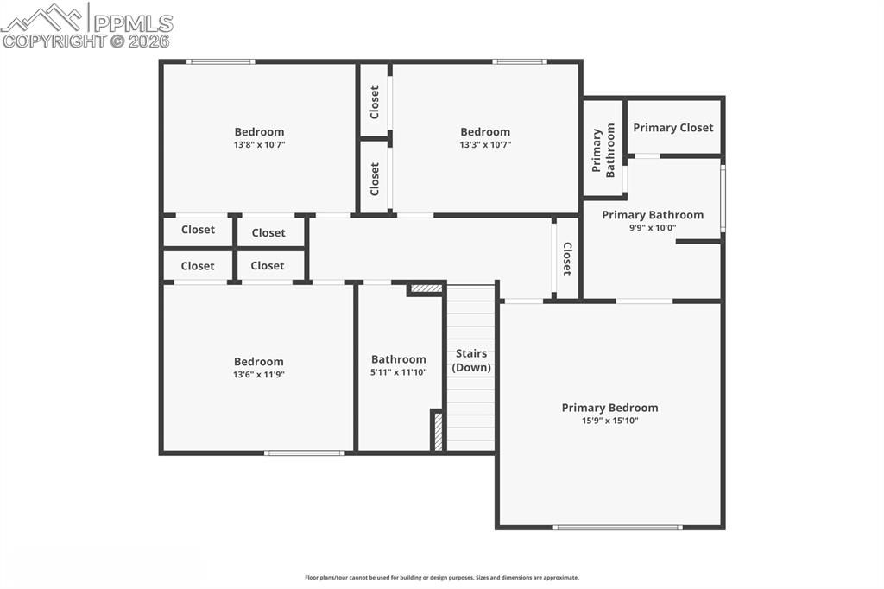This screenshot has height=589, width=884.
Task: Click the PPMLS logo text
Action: (132, 22)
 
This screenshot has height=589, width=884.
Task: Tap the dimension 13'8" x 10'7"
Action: (259, 145)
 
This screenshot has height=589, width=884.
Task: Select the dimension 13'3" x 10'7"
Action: (485, 145)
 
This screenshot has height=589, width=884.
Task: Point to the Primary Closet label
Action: (673, 128)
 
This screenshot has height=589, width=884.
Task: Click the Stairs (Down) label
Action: (471, 360)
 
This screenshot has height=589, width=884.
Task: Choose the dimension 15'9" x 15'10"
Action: (609, 421)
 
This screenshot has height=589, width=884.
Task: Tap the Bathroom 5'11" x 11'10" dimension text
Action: (399, 372)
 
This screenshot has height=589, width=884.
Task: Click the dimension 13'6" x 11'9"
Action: (259, 375)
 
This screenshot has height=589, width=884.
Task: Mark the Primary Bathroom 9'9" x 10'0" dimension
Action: (653, 228)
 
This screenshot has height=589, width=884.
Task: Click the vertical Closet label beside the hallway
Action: (567, 258)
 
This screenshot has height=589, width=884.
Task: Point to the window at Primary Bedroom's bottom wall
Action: (617, 527)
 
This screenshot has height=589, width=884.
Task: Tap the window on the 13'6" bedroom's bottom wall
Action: (304, 453)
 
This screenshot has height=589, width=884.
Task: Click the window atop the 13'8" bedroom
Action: (220, 61)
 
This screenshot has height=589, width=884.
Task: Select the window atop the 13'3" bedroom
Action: (519, 61)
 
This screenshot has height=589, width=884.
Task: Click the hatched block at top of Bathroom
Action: (426, 288)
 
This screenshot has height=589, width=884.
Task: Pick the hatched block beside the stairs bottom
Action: (438, 431)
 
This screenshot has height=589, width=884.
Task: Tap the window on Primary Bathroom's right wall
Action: (723, 199)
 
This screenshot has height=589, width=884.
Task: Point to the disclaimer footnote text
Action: (442, 578)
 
